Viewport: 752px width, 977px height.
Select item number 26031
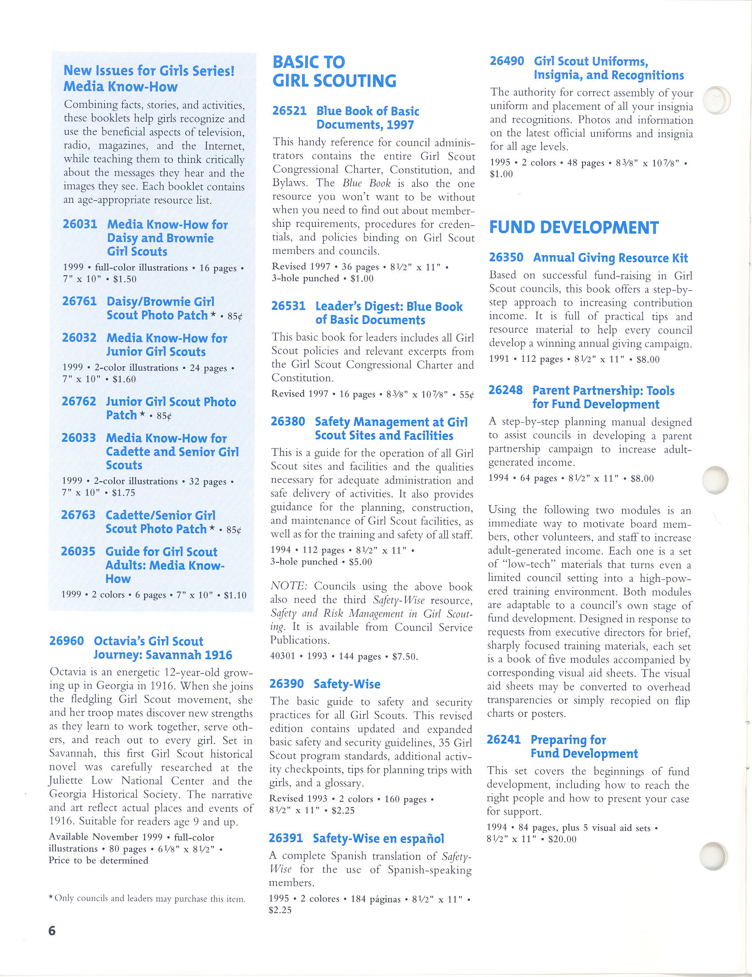(80, 224)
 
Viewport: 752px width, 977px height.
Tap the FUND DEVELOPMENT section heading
(574, 228)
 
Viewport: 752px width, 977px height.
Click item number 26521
(289, 111)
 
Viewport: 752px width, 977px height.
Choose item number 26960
(66, 641)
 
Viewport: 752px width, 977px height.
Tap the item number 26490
(507, 61)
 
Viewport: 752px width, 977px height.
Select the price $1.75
(124, 493)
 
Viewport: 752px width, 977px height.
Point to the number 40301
(283, 656)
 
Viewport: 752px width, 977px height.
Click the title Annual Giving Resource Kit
(610, 258)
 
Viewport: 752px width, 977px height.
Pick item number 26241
(504, 740)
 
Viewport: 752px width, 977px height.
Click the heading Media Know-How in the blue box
(121, 87)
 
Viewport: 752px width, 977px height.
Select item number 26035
(78, 552)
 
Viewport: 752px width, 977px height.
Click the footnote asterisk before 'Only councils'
(51, 898)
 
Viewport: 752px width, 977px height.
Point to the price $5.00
(360, 562)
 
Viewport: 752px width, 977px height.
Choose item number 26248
(505, 391)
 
